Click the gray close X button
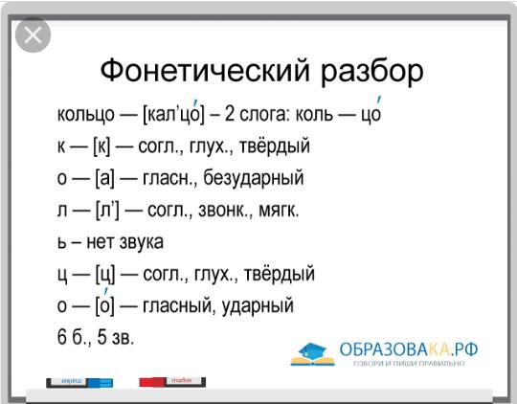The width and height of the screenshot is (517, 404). tap(33, 35)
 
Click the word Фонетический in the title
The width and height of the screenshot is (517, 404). tap(205, 70)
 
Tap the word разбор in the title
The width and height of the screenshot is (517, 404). tap(371, 72)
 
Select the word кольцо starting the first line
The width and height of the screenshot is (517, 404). tap(86, 114)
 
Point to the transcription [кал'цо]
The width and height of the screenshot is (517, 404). tap(174, 113)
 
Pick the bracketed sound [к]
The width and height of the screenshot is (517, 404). tap(101, 146)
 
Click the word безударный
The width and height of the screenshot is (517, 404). tap(253, 177)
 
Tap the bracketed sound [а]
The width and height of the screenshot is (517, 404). tap(105, 178)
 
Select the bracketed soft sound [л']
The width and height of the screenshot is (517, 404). tap(107, 210)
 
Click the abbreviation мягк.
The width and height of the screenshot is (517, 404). tap(279, 210)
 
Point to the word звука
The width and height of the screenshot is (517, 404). tap(142, 242)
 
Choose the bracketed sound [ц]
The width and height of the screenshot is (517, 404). tap(105, 275)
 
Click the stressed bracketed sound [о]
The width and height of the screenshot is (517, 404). tap(105, 303)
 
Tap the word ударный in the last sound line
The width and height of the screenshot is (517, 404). tap(258, 305)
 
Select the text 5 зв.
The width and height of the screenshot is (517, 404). tap(116, 337)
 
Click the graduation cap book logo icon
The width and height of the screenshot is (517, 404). tap(312, 354)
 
